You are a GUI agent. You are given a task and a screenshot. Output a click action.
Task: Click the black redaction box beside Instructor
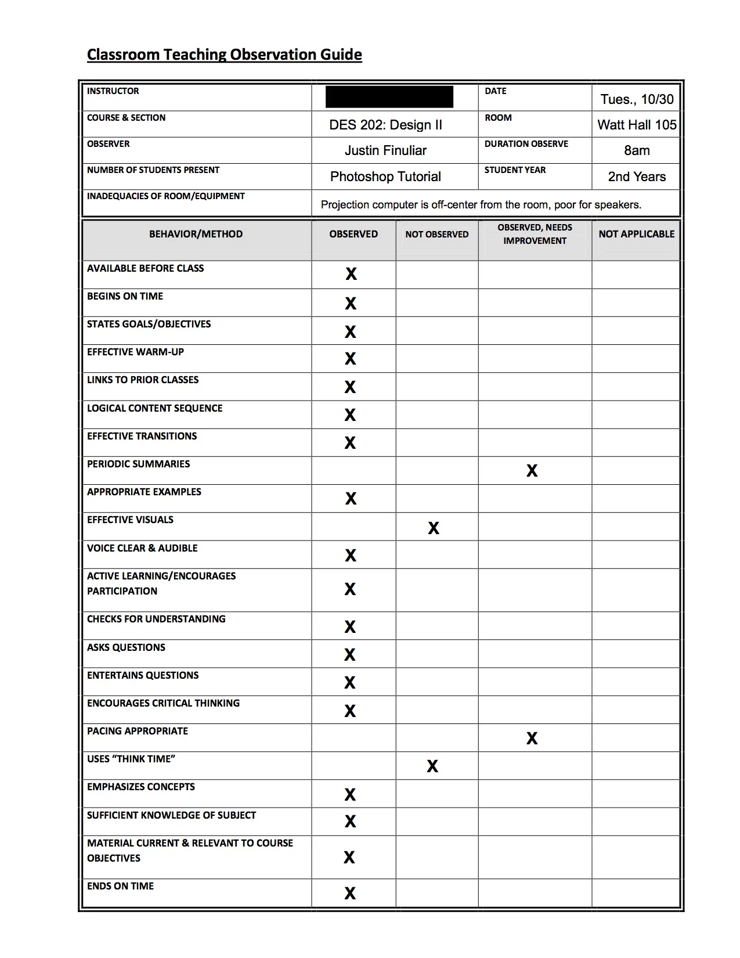coord(389,97)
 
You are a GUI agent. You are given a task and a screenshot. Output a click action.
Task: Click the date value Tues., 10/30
coord(637,99)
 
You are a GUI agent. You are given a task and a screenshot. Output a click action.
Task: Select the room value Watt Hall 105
coord(637,125)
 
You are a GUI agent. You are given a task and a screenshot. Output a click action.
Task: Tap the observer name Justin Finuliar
coord(385,150)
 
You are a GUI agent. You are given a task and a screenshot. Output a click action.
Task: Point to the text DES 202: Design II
coord(385,125)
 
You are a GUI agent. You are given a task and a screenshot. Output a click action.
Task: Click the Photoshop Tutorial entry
coord(385,177)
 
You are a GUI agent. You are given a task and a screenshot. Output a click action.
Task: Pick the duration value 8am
coord(637,150)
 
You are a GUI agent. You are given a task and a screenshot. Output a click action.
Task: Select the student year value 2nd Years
coord(637,177)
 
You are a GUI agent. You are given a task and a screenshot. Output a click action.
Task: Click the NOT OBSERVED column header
coord(436,235)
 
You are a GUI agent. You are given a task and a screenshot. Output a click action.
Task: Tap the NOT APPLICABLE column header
coord(636,234)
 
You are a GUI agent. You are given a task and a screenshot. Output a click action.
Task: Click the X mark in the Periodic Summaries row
coord(532,471)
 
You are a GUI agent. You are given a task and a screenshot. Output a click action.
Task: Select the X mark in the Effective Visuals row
coord(434,528)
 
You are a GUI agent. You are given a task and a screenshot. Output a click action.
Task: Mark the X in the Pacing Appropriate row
coord(532,738)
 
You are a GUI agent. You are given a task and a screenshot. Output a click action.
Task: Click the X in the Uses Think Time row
coord(432,766)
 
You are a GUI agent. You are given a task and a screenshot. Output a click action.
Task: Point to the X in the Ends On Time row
coord(350,893)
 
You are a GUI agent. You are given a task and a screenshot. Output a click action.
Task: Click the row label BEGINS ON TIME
coord(125,296)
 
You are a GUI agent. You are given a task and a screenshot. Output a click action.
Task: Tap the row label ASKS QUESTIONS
coord(126,647)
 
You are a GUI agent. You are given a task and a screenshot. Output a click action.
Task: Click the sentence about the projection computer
coord(481,204)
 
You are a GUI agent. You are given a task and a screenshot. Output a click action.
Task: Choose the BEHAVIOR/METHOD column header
coord(196,234)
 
